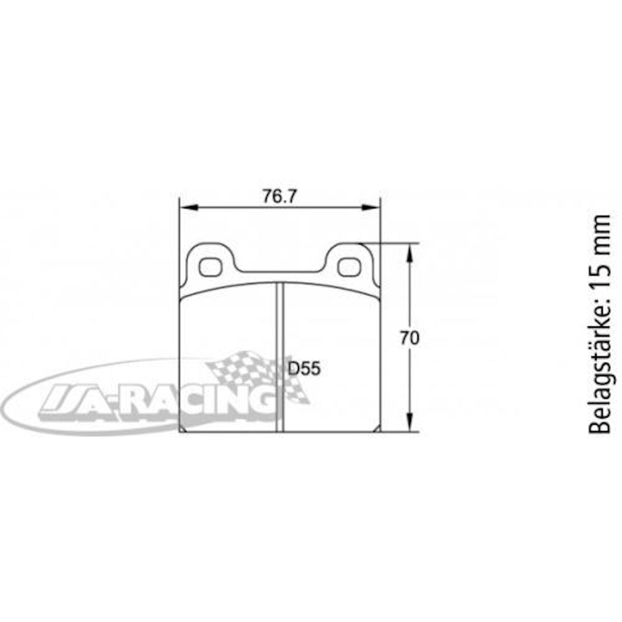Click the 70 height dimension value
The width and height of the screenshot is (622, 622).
pyautogui.click(x=409, y=338)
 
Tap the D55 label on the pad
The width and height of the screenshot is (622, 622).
pyautogui.click(x=304, y=369)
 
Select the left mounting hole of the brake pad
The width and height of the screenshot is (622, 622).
pyautogui.click(x=210, y=267)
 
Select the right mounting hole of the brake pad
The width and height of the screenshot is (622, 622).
pyautogui.click(x=349, y=267)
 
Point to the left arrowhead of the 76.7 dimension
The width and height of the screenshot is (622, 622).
pyautogui.click(x=189, y=207)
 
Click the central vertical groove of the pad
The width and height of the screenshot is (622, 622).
pyautogui.click(x=280, y=357)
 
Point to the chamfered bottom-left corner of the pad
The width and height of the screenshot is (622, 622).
pyautogui.click(x=182, y=429)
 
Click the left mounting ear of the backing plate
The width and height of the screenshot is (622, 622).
pyautogui.click(x=210, y=263)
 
